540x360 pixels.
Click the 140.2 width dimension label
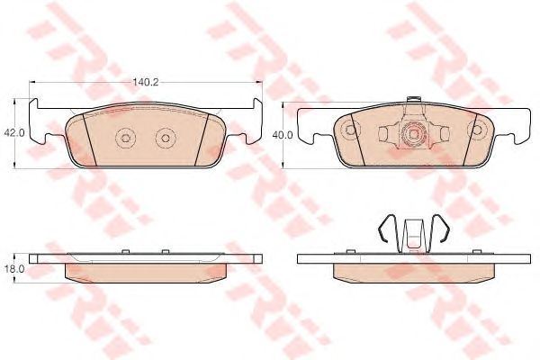click(146, 82)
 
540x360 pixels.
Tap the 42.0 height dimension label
click(13, 133)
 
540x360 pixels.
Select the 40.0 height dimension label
click(283, 135)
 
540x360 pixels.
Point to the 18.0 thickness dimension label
click(13, 269)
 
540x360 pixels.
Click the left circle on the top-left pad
click(125, 138)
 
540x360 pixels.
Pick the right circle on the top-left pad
click(166, 138)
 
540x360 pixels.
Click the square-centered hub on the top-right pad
click(414, 134)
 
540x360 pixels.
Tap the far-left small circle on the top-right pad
click(351, 130)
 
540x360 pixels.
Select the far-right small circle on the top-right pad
click(477, 130)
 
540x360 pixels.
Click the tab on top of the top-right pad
click(414, 100)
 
